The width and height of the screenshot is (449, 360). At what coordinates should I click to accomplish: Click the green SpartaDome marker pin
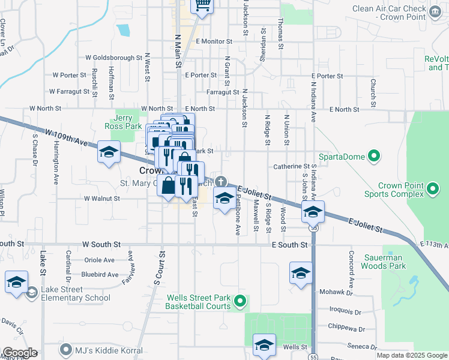(x=374, y=157)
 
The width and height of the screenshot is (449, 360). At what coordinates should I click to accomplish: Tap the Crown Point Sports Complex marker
(x=432, y=191)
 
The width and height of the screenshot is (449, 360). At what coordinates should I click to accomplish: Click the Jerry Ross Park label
(x=127, y=122)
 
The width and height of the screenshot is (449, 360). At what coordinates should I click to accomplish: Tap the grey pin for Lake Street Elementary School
(x=31, y=292)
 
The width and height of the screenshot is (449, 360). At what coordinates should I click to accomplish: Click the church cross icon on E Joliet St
(x=221, y=182)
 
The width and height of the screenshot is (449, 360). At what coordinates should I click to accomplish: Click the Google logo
(x=20, y=353)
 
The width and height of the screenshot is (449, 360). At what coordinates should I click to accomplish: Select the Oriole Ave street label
(x=100, y=260)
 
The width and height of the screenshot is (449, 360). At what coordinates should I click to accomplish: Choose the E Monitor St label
(x=214, y=41)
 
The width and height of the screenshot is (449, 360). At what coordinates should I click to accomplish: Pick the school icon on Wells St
(x=264, y=346)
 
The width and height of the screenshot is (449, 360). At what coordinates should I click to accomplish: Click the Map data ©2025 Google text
(x=412, y=355)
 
